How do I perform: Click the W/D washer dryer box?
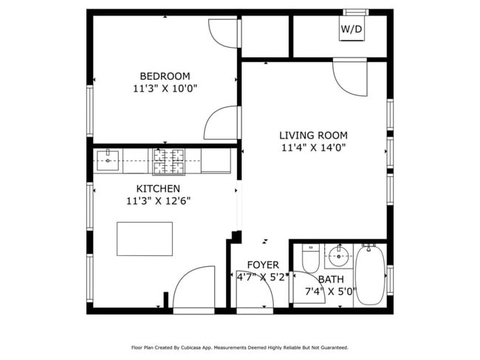coord(351,30)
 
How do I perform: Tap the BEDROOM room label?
coord(165,76)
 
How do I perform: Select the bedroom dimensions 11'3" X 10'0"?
coord(165,89)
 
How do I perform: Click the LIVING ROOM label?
coord(313,135)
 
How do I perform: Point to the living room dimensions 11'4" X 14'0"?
coord(313,148)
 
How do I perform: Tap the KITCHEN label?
coord(158,189)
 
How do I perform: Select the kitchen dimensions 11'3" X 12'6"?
coord(158,201)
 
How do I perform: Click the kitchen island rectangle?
coord(145,238)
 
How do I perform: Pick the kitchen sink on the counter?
coord(108,158)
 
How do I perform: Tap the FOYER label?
coord(263,265)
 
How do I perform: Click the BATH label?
coord(330,279)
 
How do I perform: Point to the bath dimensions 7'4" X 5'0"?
coord(330,291)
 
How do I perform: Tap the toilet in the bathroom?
coord(310,260)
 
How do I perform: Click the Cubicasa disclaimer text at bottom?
coord(239,347)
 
